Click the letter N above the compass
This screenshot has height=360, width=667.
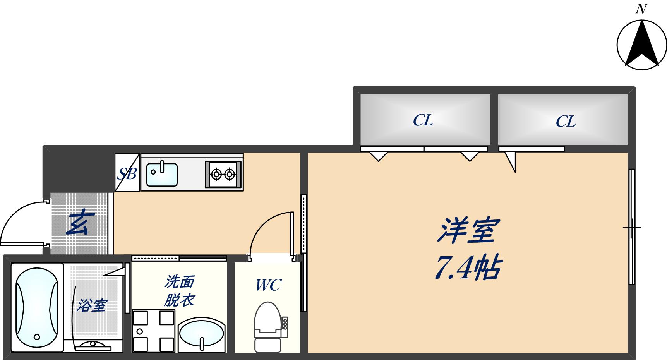[641, 9]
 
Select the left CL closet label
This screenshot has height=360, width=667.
[423, 121]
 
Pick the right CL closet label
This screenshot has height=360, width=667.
[566, 122]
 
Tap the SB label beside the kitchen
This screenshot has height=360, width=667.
[127, 174]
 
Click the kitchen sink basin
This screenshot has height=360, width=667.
[162, 175]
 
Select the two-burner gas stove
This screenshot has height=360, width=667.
[223, 175]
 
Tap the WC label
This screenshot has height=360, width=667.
[268, 285]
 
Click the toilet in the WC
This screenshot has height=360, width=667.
[267, 325]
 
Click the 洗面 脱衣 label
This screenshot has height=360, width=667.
[179, 291]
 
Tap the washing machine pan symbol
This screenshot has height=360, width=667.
[153, 331]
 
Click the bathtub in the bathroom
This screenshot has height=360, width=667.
[37, 308]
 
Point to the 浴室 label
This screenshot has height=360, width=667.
[91, 305]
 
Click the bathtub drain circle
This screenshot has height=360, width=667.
[37, 336]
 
